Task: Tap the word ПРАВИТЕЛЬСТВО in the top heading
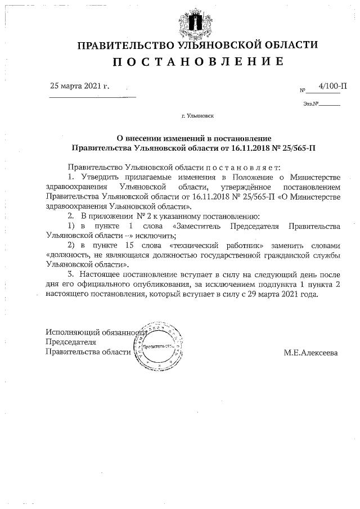coord(126,45)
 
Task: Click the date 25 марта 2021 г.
coord(79,86)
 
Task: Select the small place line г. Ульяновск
coord(197,118)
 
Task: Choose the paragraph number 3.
coord(70,274)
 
